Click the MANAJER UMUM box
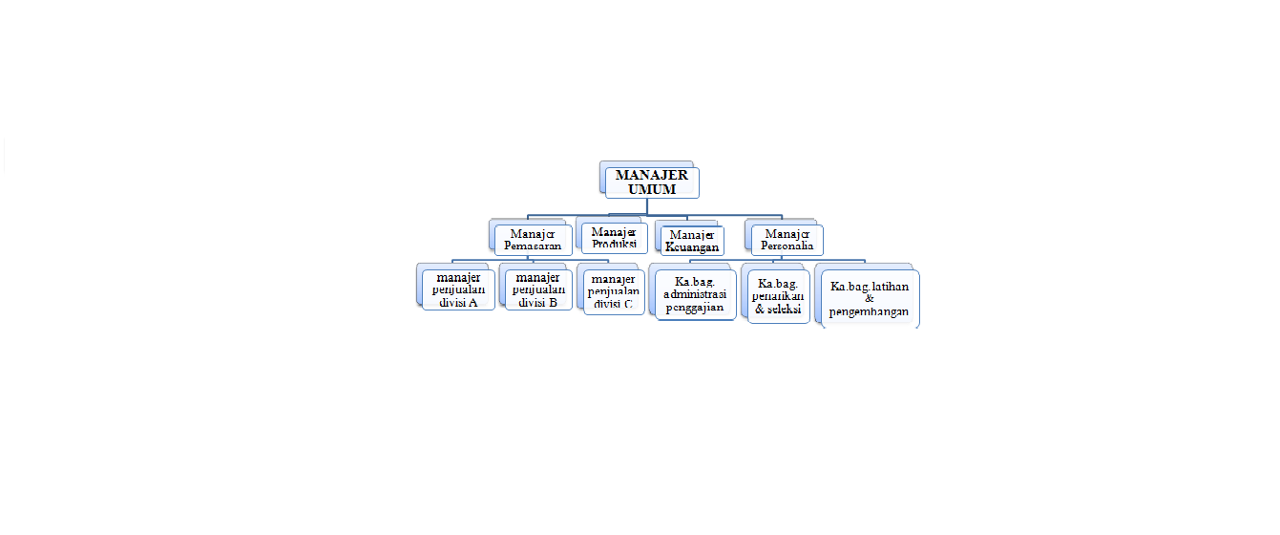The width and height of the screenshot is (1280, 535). coord(652,182)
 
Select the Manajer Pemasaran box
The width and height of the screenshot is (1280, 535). coord(534,240)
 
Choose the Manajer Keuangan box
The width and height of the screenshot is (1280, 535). coord(692,241)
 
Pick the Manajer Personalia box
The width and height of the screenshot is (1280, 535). coord(787,240)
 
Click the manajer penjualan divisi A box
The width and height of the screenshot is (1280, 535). coord(458,290)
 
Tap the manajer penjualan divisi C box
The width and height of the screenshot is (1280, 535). coord(613,291)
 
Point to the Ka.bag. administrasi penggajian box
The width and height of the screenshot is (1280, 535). coord(695,295)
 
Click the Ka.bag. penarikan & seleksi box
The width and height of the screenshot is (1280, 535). coord(779,297)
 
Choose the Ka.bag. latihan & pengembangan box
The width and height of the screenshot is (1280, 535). coord(870,299)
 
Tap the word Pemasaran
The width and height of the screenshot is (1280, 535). coord(534,246)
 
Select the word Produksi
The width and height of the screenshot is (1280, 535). coord(614,244)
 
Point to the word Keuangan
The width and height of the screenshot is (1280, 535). coord(692,246)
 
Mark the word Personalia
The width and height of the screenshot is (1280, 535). coord(787,246)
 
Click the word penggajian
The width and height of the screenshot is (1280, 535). coord(695,308)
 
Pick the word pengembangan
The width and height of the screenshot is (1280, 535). coord(870,312)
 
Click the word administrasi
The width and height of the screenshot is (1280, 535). coord(695,295)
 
